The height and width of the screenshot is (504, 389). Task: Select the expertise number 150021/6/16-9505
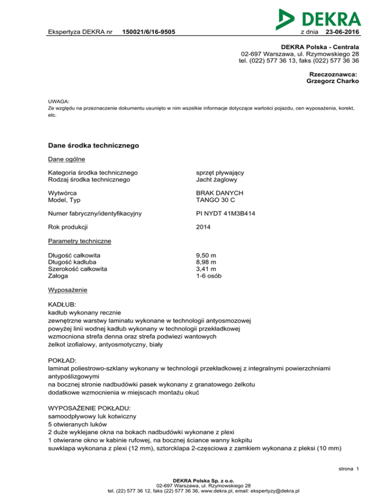pos(146,32)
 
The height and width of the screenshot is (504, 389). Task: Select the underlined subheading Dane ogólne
pos(63,160)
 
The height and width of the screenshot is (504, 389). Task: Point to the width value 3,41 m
pos(207,269)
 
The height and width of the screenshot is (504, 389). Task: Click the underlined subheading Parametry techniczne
pos(79,241)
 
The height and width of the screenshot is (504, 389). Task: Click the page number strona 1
pos(349,469)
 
